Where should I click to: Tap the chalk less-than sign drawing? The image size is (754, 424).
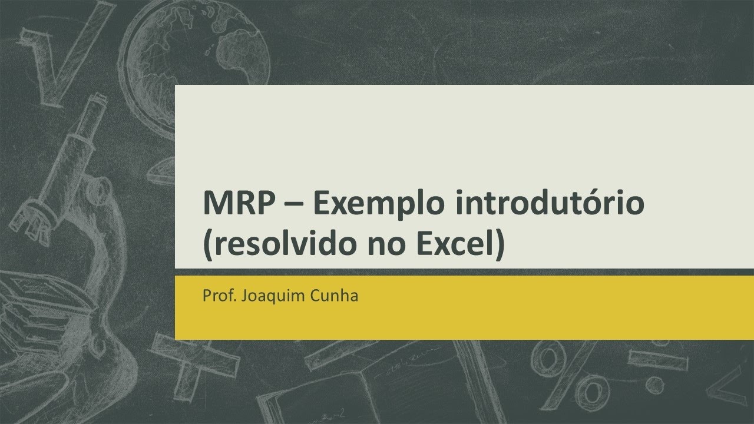[727, 383]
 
